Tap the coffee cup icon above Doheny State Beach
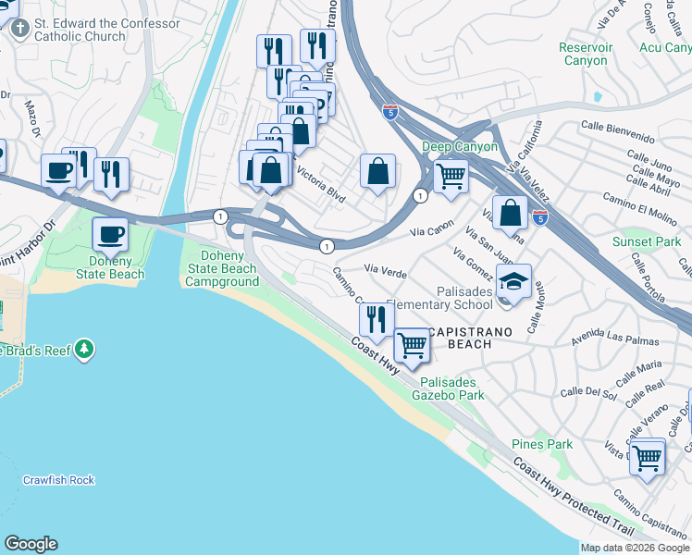coord(111,234)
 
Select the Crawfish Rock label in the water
coord(59,480)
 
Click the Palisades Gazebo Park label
coord(452,388)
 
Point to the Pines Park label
coord(542,445)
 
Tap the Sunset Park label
coord(646,242)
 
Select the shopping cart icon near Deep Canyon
coord(451,174)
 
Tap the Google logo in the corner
coord(31,544)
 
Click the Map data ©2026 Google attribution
coord(635,548)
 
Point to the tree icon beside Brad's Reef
coord(85,350)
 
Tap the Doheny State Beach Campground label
coord(223,268)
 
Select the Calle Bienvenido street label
coord(617,131)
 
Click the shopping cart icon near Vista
coord(647,455)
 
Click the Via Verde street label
coord(387,270)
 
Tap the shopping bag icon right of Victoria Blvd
coord(377,171)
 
